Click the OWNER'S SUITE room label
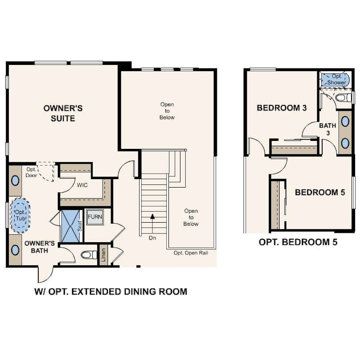[63, 113]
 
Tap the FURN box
[95, 217]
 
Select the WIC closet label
[82, 185]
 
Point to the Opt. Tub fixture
[20, 216]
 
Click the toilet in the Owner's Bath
[89, 255]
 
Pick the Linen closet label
[103, 255]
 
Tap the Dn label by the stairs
[152, 238]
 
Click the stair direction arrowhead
[152, 216]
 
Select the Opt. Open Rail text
[191, 253]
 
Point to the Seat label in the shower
[80, 226]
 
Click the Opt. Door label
[31, 172]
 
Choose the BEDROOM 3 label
[282, 108]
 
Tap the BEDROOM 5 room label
[320, 192]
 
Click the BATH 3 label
[328, 129]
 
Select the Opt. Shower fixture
[335, 80]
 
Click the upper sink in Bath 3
[345, 121]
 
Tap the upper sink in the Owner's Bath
[15, 180]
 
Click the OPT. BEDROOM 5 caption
[298, 242]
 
